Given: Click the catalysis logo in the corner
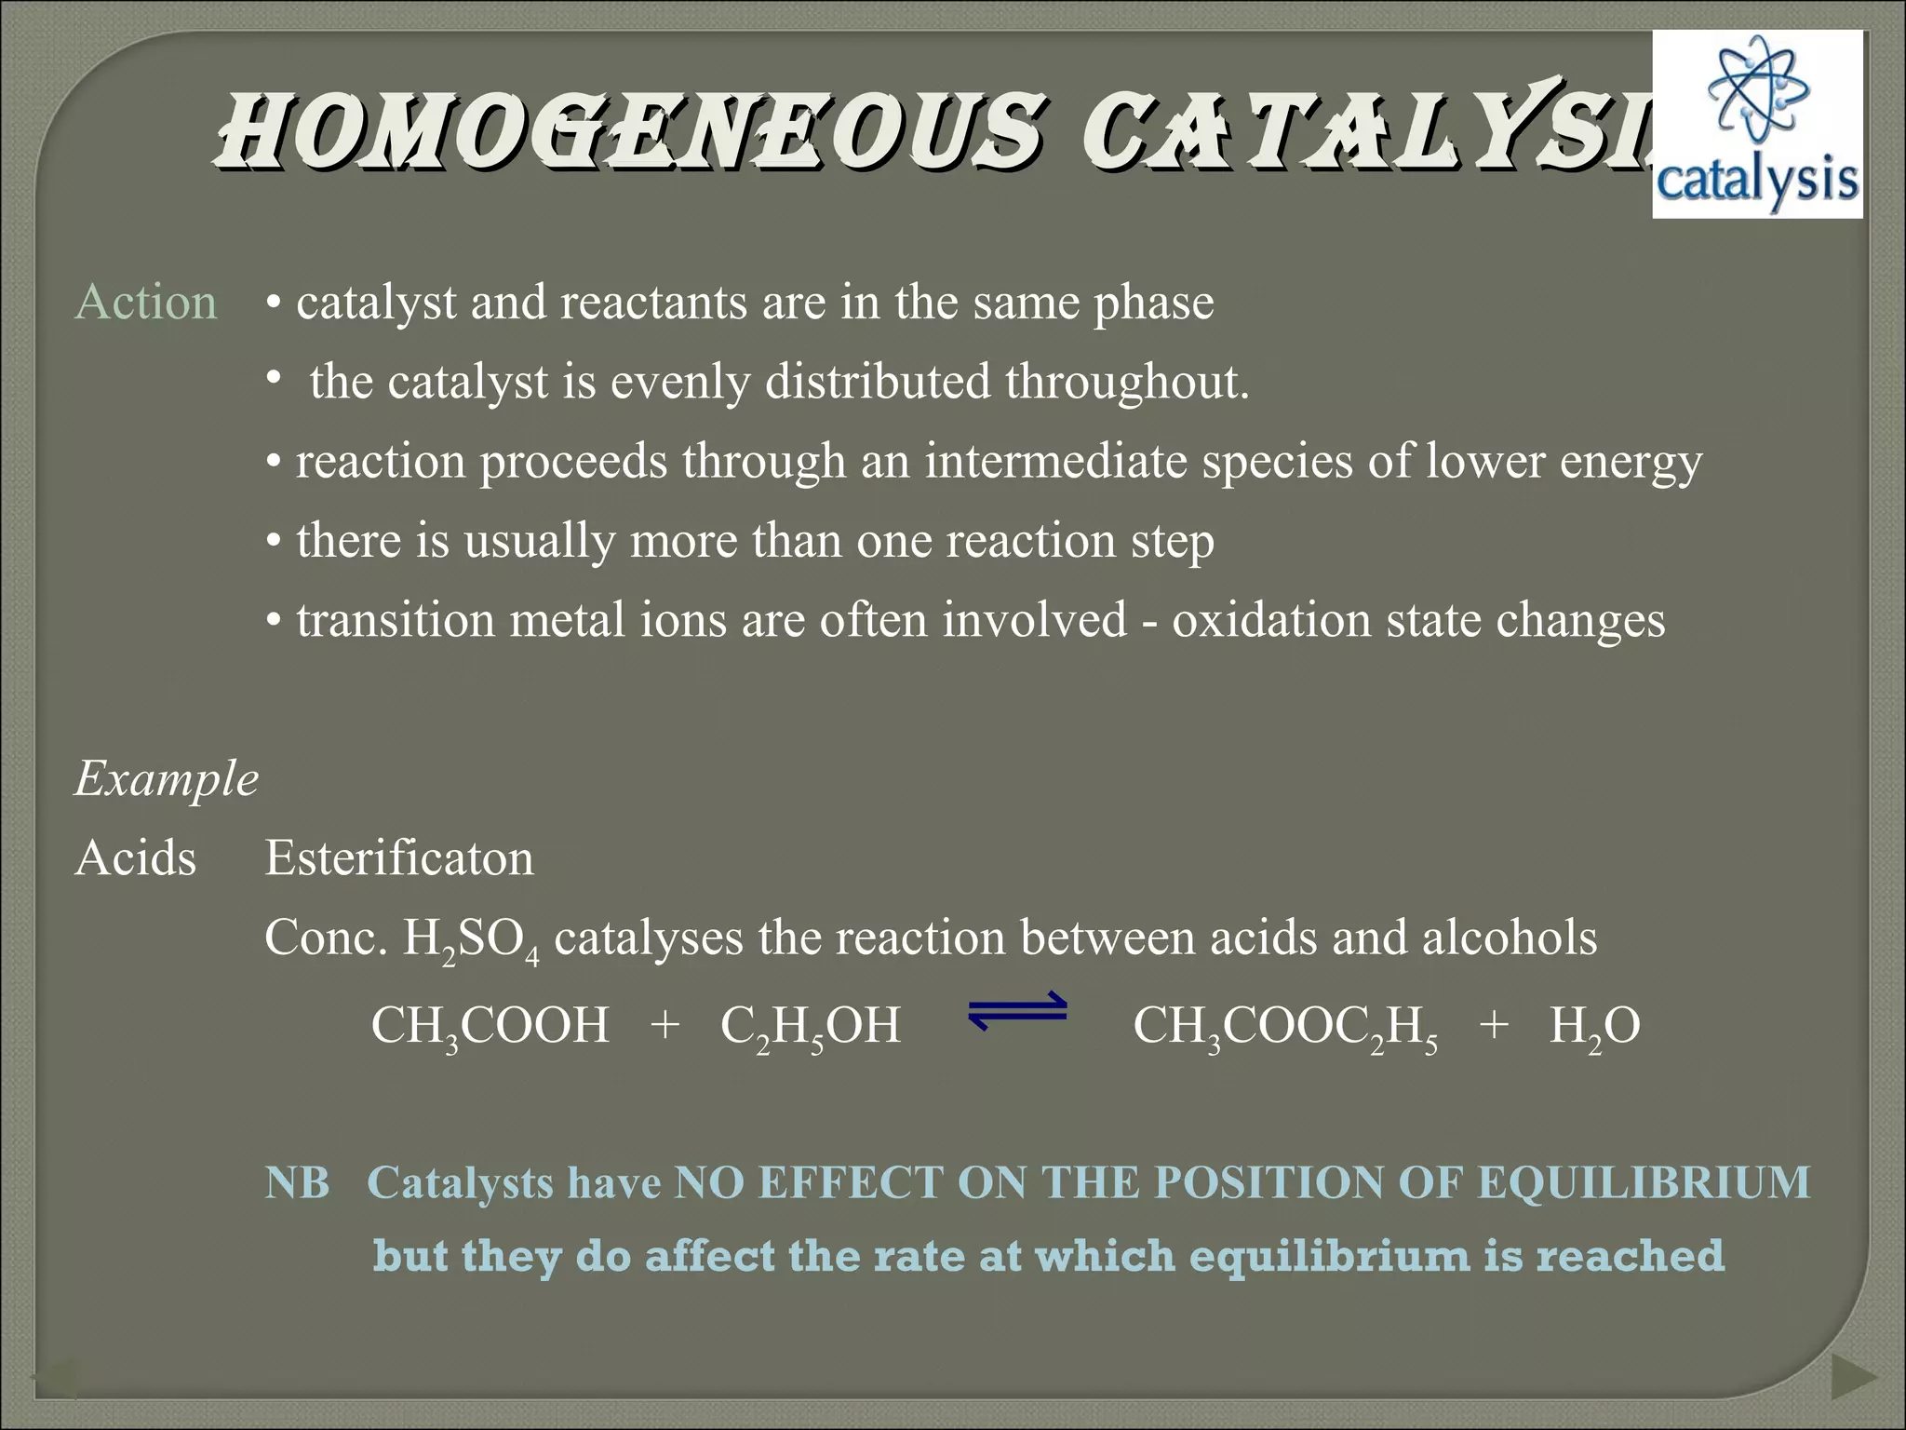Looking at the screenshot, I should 1757,125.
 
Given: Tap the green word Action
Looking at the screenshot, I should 146,303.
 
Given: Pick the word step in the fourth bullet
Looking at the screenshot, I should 1173,541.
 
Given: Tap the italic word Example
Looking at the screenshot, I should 167,778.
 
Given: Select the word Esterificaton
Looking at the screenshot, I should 399,857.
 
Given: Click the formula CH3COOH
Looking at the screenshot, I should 490,1027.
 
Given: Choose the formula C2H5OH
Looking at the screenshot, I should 811,1027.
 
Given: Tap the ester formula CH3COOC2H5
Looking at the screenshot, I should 1285,1027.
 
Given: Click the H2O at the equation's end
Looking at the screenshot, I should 1594,1027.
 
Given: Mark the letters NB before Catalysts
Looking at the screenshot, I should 297,1182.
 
